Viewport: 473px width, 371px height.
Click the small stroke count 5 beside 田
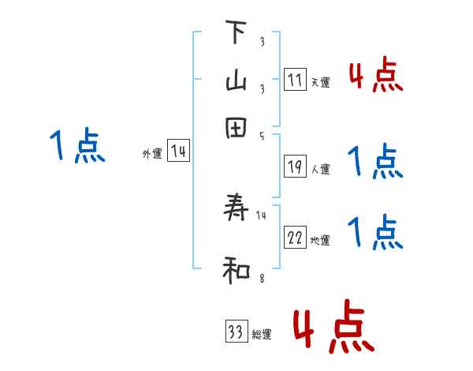coord(262,136)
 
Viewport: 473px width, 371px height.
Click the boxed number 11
coord(295,80)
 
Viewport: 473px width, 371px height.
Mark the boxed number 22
coord(295,238)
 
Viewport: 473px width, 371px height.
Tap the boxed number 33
coord(236,332)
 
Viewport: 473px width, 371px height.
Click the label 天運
coord(320,83)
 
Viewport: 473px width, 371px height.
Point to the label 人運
coord(320,169)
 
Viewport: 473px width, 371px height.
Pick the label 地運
coord(320,241)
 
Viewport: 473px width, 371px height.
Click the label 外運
coord(152,155)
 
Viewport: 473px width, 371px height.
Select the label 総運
coord(262,335)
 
